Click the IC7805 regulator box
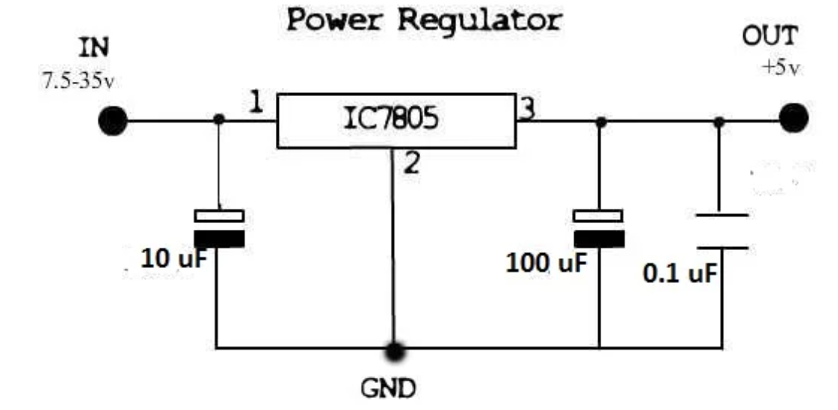(x=396, y=120)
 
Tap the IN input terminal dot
(x=113, y=120)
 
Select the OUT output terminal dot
(x=793, y=117)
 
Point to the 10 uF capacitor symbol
(x=219, y=228)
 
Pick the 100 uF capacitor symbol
(x=599, y=228)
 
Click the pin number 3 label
(x=528, y=109)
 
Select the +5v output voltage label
(x=781, y=68)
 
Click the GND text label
(x=389, y=389)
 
